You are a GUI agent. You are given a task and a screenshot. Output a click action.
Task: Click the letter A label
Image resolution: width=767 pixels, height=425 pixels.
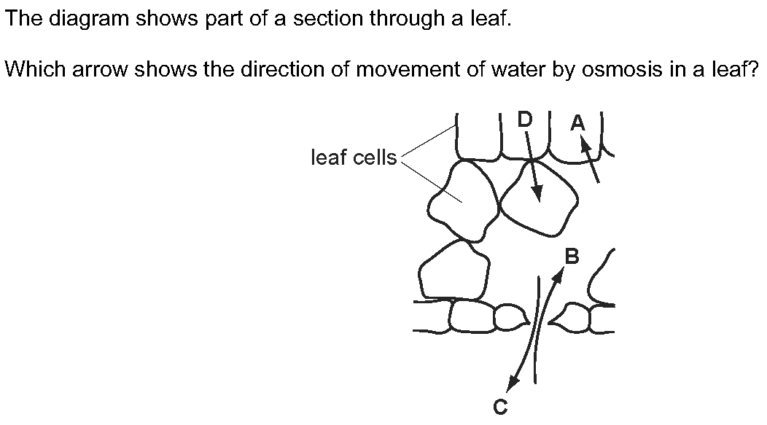tap(577, 122)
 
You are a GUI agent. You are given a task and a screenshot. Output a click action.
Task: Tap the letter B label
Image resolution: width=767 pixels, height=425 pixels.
tap(572, 257)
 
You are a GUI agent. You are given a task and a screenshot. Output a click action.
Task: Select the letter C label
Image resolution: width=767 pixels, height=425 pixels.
tap(500, 407)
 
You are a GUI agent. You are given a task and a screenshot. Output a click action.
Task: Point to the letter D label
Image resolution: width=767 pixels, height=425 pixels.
tap(525, 120)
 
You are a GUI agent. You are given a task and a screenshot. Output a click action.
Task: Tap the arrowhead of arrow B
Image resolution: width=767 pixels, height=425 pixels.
tap(558, 274)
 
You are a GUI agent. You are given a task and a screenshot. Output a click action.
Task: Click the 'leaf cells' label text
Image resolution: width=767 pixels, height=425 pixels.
tap(354, 157)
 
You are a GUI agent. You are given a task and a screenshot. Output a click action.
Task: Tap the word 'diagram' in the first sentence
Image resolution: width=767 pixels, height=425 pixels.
tap(89, 19)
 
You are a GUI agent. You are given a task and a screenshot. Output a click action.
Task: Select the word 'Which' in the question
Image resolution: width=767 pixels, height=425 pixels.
tap(35, 69)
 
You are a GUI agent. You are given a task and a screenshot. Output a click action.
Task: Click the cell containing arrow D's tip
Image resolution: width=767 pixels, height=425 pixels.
tap(537, 198)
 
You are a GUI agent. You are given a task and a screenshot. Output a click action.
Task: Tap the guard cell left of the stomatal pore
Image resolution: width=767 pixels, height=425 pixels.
tap(510, 317)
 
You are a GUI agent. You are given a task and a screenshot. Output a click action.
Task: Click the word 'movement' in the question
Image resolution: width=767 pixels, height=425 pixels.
tap(408, 69)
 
